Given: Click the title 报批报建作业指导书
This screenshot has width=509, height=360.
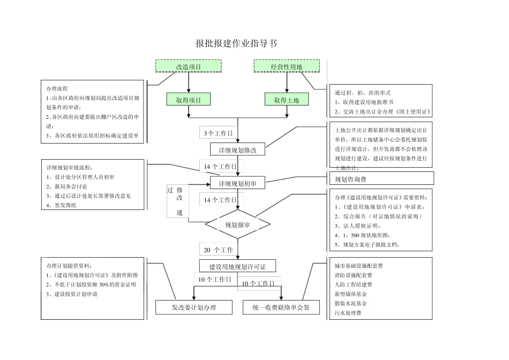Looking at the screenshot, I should coord(236,43).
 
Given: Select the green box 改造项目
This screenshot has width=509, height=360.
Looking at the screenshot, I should coord(189,66).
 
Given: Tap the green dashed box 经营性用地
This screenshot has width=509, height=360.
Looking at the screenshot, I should coord(287,66).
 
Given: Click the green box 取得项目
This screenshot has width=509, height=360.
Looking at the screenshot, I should coord(189,100).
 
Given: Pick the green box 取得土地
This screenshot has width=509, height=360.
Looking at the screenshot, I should coord(287,100).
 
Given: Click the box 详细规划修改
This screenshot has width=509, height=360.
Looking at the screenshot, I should coord(237,150).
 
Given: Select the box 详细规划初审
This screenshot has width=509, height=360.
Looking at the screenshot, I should coord(237,184).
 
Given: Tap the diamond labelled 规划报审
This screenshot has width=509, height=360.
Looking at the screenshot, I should coord(237,224).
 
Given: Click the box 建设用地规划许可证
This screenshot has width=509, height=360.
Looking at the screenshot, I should coord(237,266).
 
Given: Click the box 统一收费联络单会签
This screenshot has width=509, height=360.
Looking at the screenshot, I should coord(280,307).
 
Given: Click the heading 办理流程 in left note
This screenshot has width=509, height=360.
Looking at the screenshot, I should coord(57,88).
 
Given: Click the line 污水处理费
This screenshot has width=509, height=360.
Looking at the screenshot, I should coord(348,313).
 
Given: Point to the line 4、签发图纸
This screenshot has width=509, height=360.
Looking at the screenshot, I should coord(62,205).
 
